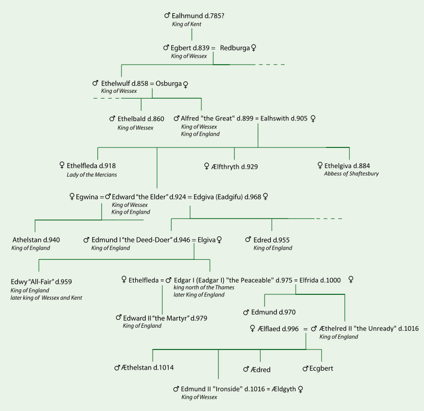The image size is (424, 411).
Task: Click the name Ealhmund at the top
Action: click(188, 16)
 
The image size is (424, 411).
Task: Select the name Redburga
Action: click(234, 48)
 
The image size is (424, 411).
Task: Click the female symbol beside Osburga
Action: click(185, 84)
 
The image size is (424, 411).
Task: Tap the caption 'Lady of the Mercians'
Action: click(92, 174)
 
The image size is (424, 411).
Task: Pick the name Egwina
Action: click(87, 196)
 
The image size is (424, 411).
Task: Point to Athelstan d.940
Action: click(36, 240)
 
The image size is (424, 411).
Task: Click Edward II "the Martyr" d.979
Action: click(165, 318)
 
